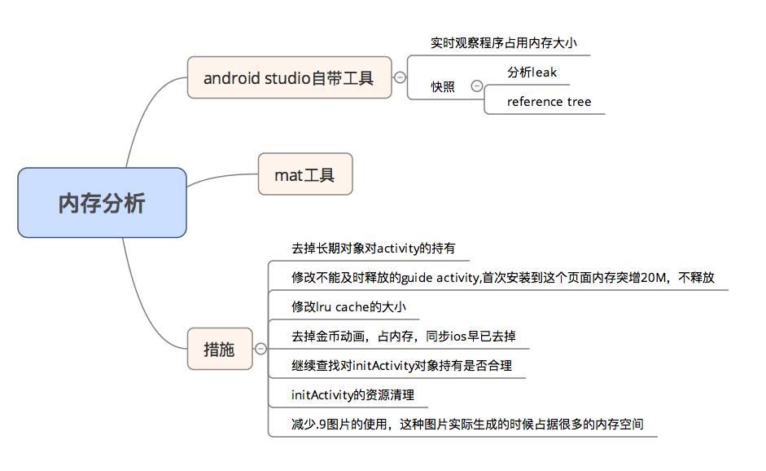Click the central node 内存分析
[102, 203]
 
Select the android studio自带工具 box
[289, 78]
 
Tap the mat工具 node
[305, 174]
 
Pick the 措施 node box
[219, 349]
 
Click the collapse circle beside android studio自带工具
[401, 78]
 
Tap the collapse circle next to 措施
[260, 349]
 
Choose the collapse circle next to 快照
[477, 86]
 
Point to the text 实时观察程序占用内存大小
[498, 43]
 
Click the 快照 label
[443, 87]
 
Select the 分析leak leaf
[532, 73]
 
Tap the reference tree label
[549, 102]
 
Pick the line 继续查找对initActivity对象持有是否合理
[401, 366]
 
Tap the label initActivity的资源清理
[352, 395]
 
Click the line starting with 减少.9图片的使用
[467, 425]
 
